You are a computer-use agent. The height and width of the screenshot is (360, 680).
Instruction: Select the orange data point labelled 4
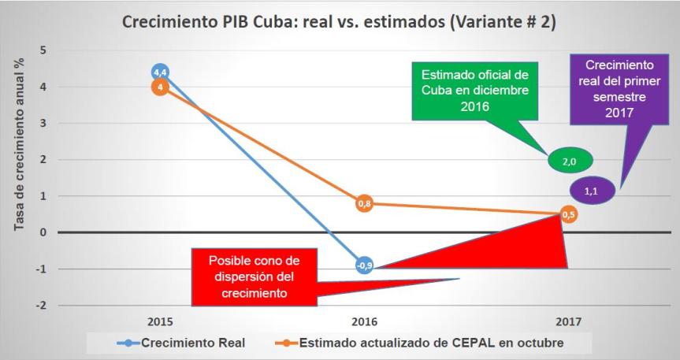pyautogui.click(x=160, y=87)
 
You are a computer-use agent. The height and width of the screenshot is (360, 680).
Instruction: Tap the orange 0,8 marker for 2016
pyautogui.click(x=364, y=204)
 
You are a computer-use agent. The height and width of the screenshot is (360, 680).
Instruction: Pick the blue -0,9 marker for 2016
pyautogui.click(x=364, y=265)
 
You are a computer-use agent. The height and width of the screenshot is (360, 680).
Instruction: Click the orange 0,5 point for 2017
pyautogui.click(x=568, y=214)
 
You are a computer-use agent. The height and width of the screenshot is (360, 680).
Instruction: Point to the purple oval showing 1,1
pyautogui.click(x=591, y=190)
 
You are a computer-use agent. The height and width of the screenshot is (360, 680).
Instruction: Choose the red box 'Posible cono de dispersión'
pyautogui.click(x=254, y=276)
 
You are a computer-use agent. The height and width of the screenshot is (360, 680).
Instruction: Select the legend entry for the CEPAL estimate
pyautogui.click(x=422, y=343)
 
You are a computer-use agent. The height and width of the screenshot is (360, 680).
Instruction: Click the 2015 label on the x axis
pyautogui.click(x=160, y=322)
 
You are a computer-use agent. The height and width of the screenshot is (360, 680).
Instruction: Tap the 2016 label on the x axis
pyautogui.click(x=364, y=322)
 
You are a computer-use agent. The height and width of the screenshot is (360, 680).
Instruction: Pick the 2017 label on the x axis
pyautogui.click(x=568, y=322)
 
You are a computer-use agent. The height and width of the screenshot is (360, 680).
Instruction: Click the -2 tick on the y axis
pyautogui.click(x=40, y=306)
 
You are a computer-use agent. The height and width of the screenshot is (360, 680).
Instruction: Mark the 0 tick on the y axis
pyautogui.click(x=43, y=233)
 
